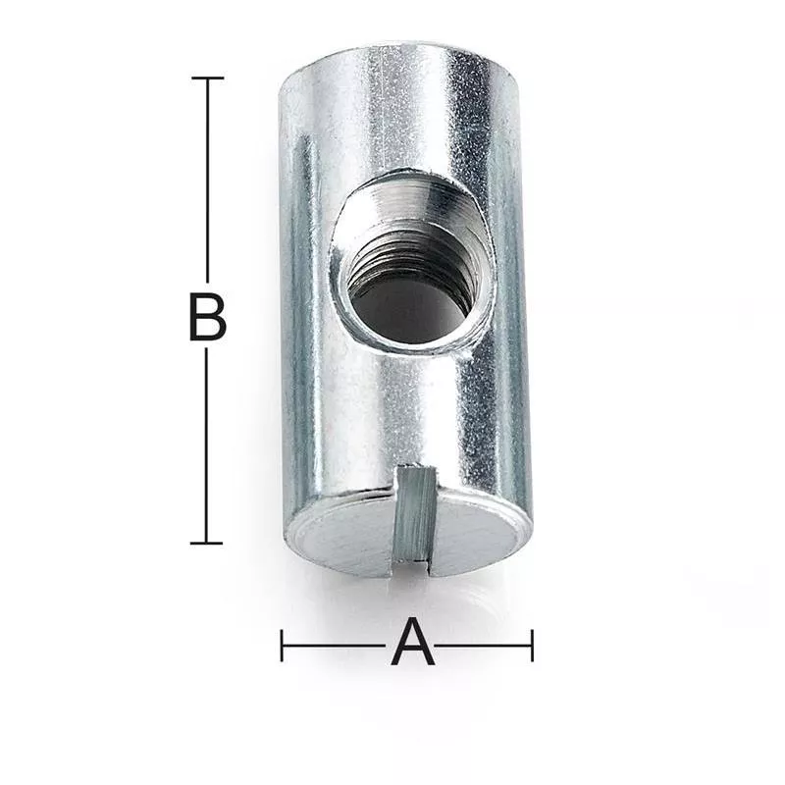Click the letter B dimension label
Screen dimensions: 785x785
(x=208, y=317)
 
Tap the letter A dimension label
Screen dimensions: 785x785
(x=412, y=642)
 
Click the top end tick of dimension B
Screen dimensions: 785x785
(x=207, y=78)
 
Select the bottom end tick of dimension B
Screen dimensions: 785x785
(x=206, y=543)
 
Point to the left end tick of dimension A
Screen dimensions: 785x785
(x=282, y=646)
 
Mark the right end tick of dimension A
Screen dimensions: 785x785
(x=532, y=646)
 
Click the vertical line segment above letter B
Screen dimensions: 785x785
(x=207, y=180)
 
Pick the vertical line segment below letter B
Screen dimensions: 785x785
(x=206, y=445)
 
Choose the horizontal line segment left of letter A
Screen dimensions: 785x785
(x=333, y=646)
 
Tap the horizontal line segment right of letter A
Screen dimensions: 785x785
(x=483, y=646)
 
